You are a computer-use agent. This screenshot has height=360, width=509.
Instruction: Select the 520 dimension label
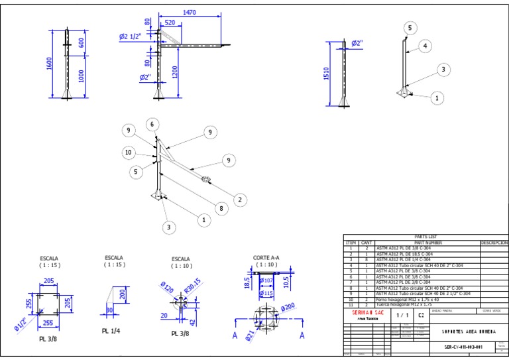[170, 22]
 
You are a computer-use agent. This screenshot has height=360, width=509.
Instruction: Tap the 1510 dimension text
[326, 74]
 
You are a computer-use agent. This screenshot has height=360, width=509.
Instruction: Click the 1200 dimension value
[176, 72]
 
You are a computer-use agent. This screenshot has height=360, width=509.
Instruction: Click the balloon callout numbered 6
[152, 125]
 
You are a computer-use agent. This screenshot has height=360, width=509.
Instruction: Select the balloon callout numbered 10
[129, 152]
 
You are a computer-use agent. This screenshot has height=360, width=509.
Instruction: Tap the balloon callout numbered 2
[240, 200]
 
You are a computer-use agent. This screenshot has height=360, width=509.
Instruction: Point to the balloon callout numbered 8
[221, 209]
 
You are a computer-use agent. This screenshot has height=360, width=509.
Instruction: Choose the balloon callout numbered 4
[425, 46]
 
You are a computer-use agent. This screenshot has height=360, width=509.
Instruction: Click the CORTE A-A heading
[266, 257]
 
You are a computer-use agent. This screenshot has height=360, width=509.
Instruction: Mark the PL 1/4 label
[110, 330]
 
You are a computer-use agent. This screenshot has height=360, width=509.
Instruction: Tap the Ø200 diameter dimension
[288, 308]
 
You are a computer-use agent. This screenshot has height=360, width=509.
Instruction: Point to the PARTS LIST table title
[425, 237]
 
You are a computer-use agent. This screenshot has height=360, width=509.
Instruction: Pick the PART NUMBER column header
[427, 243]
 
